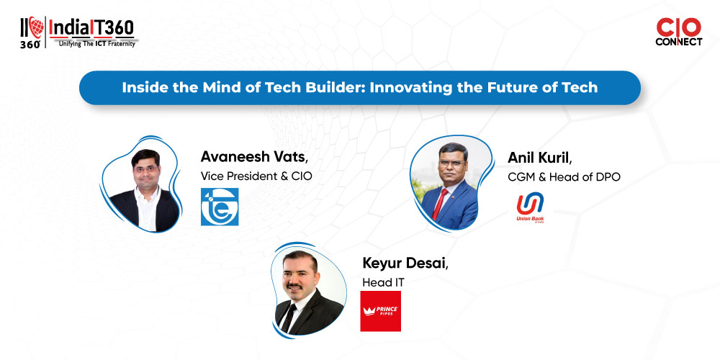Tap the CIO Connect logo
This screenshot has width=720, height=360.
coord(678,32)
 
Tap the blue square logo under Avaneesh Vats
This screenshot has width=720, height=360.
coord(220,207)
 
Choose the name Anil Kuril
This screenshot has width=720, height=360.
coord(540,158)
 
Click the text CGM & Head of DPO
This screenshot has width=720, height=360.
coord(564,177)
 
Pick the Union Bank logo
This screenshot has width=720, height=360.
coord(530,207)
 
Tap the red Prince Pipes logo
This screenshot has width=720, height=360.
coord(381,311)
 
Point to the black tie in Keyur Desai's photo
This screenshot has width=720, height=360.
coord(289,318)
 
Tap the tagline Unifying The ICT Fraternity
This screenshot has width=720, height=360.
coord(97,44)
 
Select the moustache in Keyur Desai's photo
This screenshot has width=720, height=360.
coord(294,287)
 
